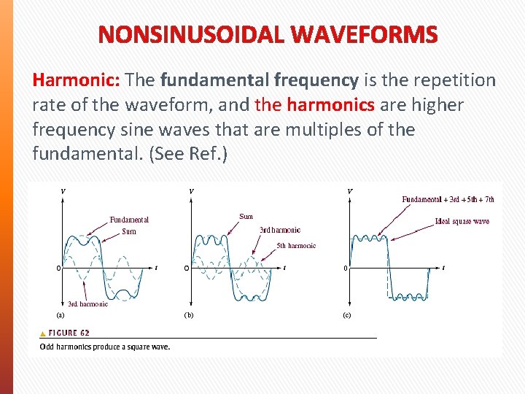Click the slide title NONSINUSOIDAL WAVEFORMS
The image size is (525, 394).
point(268,34)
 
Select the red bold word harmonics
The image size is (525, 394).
point(330,106)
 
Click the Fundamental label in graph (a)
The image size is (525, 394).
point(129,220)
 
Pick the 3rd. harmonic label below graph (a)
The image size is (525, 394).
point(87,304)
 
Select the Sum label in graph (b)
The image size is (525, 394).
point(246,216)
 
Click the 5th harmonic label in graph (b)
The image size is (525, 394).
point(296,246)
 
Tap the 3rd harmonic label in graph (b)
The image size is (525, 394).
point(279,230)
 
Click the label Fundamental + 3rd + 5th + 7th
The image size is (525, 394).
point(448,198)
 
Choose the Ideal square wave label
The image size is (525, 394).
point(462,221)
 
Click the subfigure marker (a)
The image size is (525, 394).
point(61,315)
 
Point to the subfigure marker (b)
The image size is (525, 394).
point(189,316)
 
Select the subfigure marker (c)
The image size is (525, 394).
point(347,316)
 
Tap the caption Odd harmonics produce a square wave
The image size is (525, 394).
point(105,347)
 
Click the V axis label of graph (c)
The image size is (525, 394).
point(350,191)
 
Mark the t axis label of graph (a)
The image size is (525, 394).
point(156,268)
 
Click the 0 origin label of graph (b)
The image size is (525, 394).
point(186,268)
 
